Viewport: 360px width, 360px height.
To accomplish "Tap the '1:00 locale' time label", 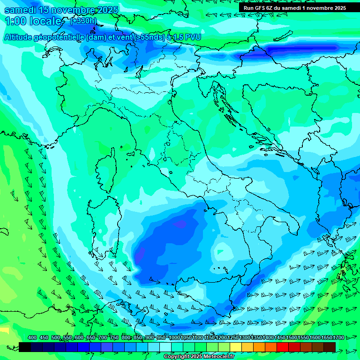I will [33, 21].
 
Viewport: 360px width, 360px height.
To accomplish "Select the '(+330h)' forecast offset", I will [83, 21].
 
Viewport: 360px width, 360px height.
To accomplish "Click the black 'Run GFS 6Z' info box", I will [294, 7].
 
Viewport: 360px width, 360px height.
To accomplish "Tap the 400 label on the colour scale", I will [32, 337].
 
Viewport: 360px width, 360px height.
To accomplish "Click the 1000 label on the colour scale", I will [174, 337].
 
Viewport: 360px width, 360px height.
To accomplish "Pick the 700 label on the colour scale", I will [103, 337].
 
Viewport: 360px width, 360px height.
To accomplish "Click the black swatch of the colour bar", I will [25, 347].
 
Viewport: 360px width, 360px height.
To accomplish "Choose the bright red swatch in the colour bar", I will [283, 347].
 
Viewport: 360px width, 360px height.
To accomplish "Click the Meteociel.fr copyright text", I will [199, 357].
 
